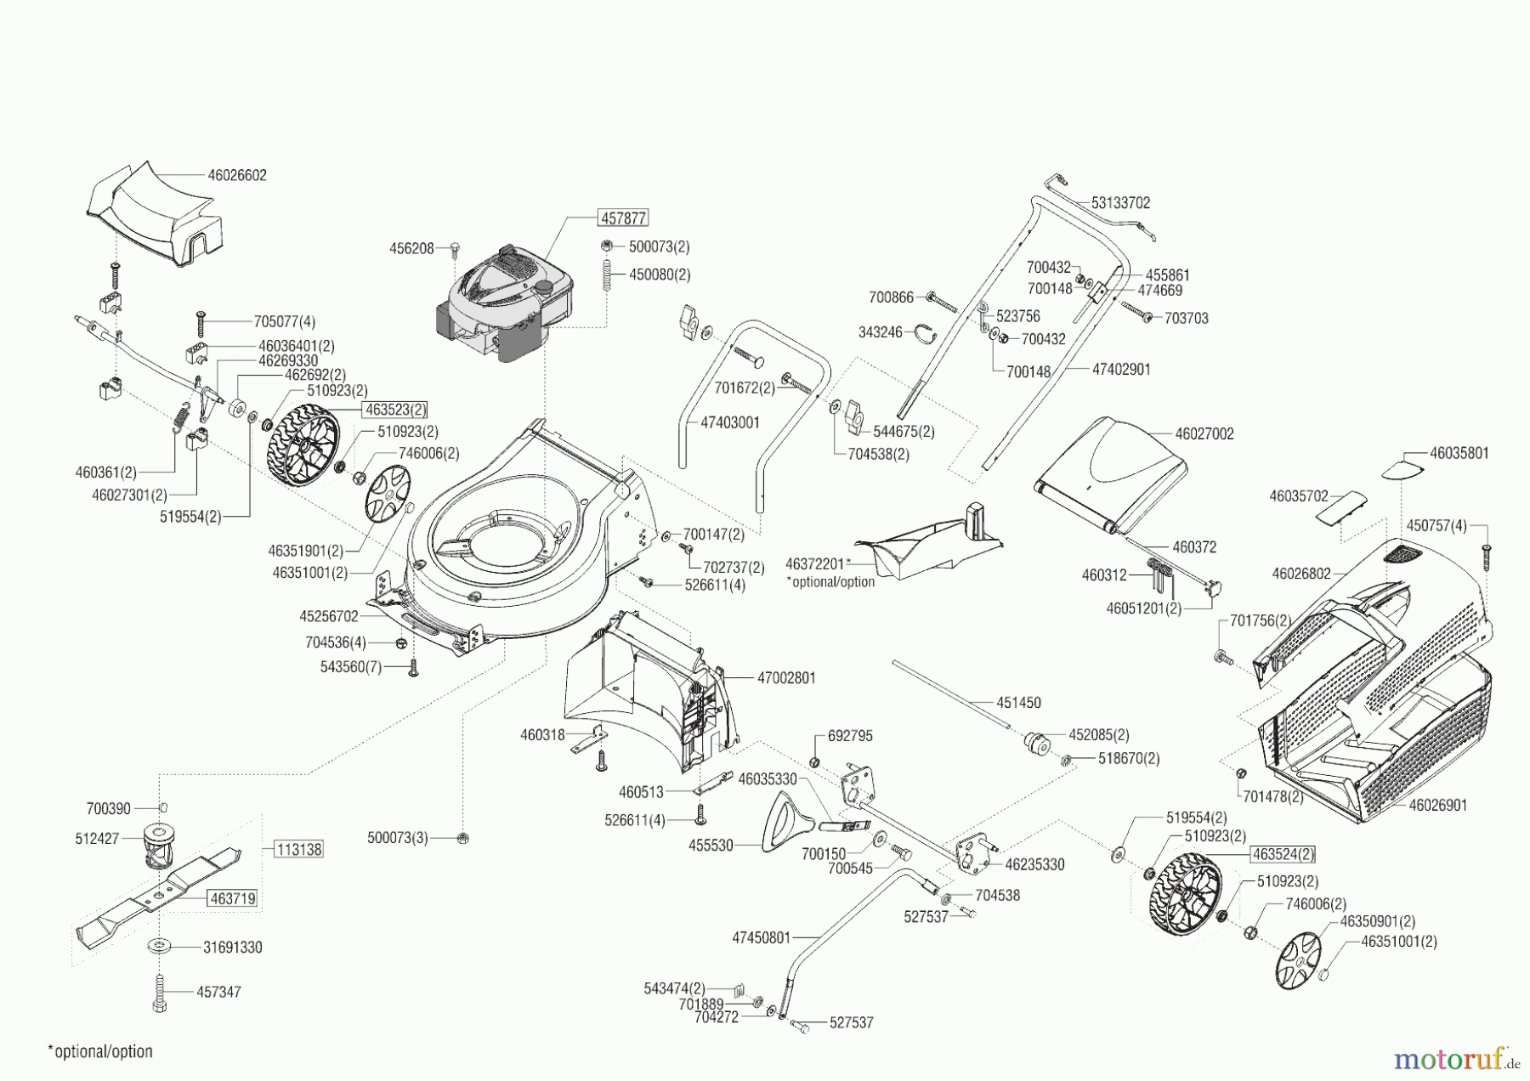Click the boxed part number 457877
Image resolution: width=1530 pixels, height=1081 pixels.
pyautogui.click(x=624, y=218)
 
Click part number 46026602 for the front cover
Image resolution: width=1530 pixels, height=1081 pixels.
pyautogui.click(x=236, y=175)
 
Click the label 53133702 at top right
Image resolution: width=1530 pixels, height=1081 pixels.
pyautogui.click(x=1120, y=203)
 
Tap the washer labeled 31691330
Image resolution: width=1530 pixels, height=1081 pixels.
pyautogui.click(x=159, y=946)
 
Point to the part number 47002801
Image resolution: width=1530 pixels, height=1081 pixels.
pyautogui.click(x=786, y=678)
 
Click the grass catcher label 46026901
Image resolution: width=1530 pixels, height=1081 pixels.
pyautogui.click(x=1437, y=805)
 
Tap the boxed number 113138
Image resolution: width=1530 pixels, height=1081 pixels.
pyautogui.click(x=297, y=848)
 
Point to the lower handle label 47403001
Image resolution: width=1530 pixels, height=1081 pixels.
pyautogui.click(x=730, y=422)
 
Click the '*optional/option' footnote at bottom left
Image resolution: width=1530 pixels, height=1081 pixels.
pyautogui.click(x=100, y=1051)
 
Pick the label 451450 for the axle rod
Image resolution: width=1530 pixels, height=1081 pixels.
pyautogui.click(x=1018, y=703)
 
